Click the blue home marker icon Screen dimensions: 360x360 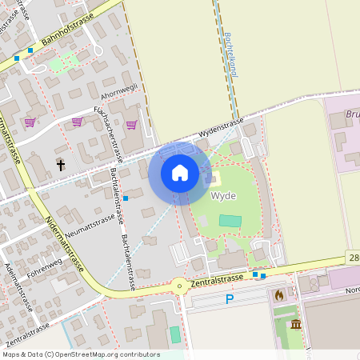tap(179, 173)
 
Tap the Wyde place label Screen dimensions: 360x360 tap(222, 195)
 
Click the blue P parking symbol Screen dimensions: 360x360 tap(229, 299)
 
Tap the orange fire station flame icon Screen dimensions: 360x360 tap(278, 295)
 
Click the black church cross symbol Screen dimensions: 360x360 tap(60, 165)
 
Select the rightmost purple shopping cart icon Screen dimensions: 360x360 tap(131, 124)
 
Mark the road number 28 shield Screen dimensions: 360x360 tap(354, 257)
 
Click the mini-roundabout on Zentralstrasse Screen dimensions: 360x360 tap(180, 284)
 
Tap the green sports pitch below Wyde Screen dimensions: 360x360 tap(230, 220)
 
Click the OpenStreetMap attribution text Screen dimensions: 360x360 tap(81, 354)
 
